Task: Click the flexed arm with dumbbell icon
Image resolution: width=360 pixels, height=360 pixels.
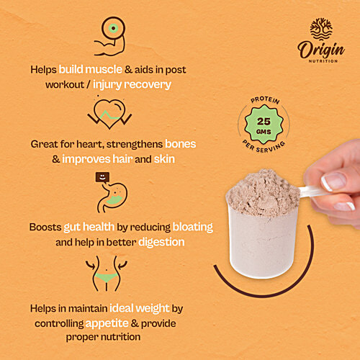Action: click(110, 36)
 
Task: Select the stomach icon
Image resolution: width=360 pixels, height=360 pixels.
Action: click(112, 197)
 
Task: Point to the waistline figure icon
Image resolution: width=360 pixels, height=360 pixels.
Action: click(107, 274)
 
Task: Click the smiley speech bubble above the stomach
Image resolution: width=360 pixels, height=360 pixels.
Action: click(102, 178)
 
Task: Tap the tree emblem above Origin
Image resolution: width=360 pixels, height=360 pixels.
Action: click(321, 30)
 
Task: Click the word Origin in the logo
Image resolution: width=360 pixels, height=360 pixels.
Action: click(321, 50)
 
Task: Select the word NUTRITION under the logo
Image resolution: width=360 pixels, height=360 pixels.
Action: click(323, 61)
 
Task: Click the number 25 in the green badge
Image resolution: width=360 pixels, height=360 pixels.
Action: click(264, 122)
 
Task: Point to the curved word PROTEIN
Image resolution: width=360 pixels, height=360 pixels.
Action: click(265, 100)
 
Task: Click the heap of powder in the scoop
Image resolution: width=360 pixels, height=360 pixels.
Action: click(264, 192)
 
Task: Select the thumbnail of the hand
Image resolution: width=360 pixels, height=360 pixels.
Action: click(335, 181)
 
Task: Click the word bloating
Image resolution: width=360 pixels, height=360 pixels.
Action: click(193, 227)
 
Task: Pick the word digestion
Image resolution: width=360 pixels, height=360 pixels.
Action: click(161, 243)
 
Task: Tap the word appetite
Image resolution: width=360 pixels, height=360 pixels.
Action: click(107, 324)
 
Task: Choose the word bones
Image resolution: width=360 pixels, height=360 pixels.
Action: click(181, 144)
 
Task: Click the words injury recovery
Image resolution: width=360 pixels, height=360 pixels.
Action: click(132, 85)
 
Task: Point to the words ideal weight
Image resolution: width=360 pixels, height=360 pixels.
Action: click(140, 308)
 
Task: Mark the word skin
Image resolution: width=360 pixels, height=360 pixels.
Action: click(164, 159)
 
